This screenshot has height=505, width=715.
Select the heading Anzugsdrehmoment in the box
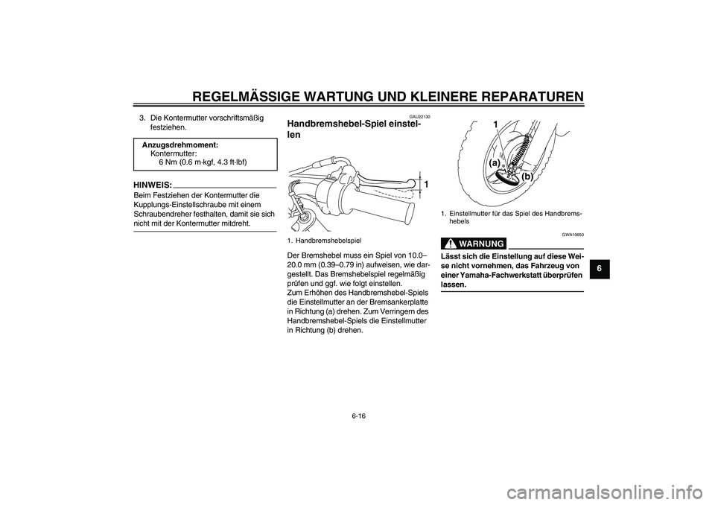(x=181, y=144)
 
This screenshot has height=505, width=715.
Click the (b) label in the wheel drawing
(x=527, y=177)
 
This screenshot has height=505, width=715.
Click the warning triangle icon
(x=449, y=244)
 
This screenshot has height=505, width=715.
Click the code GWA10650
(x=571, y=233)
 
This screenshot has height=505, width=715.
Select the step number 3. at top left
(x=142, y=117)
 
